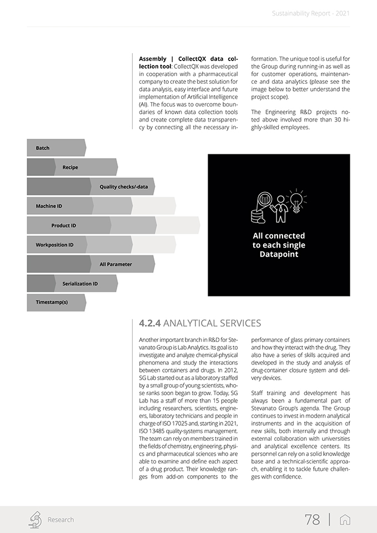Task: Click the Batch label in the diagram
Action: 43,148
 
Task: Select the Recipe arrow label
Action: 71,168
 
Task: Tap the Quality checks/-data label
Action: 124,187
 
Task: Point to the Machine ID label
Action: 49,207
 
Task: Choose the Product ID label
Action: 64,226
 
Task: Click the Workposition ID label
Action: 54,245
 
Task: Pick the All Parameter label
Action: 116,264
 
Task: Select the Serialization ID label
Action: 80,284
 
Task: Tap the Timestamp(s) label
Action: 52,303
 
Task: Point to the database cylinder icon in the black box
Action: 259,215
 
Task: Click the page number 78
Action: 313,520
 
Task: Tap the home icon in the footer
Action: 345,520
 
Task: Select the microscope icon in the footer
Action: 35,519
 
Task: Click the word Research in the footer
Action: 61,520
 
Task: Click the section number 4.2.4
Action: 150,323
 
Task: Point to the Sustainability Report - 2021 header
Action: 311,13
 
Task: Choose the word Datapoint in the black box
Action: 279,254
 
